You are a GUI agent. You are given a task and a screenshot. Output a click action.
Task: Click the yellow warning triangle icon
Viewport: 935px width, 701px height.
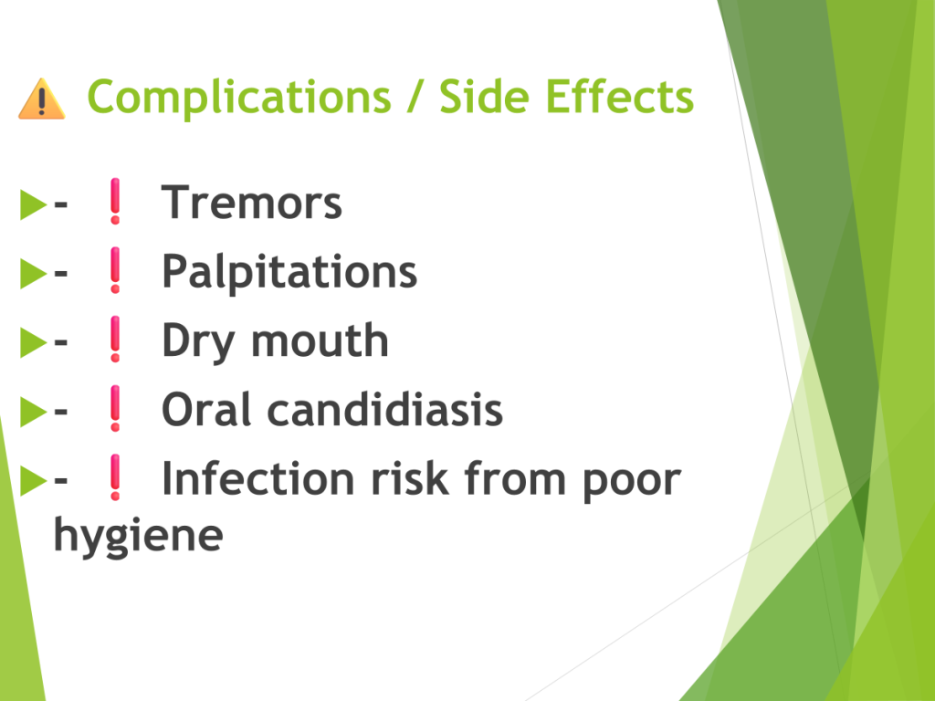click(x=42, y=99)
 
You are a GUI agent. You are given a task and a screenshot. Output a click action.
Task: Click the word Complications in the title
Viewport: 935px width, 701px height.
click(x=239, y=98)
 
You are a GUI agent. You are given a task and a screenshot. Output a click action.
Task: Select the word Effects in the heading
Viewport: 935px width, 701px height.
click(x=620, y=96)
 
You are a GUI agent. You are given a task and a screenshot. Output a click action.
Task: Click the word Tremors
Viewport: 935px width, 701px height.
click(x=252, y=202)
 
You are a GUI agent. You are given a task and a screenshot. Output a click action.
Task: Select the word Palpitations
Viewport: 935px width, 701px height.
click(x=289, y=272)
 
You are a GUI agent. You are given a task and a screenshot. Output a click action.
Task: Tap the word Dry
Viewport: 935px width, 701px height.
click(x=198, y=341)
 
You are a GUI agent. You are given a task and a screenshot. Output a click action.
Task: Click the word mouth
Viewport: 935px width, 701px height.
click(x=320, y=340)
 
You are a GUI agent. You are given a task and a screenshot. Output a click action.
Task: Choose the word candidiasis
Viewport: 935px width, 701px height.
click(x=385, y=410)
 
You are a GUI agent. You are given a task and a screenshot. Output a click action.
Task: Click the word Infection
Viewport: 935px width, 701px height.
click(x=258, y=478)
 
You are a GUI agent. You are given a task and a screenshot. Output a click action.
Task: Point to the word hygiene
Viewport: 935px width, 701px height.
click(x=139, y=536)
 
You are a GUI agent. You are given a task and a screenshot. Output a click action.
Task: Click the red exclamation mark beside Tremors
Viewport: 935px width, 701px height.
click(x=115, y=201)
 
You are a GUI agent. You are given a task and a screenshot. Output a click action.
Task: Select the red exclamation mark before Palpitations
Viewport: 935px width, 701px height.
click(x=115, y=270)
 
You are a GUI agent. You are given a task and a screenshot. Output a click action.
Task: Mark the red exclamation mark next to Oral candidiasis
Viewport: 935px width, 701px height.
click(x=115, y=408)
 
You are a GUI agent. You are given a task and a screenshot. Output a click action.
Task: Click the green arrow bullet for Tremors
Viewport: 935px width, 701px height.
click(x=33, y=204)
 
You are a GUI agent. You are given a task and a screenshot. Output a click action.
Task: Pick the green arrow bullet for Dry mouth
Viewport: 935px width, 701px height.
click(x=33, y=342)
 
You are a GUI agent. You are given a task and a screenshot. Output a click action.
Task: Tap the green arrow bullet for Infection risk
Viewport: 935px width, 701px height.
click(x=33, y=480)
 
